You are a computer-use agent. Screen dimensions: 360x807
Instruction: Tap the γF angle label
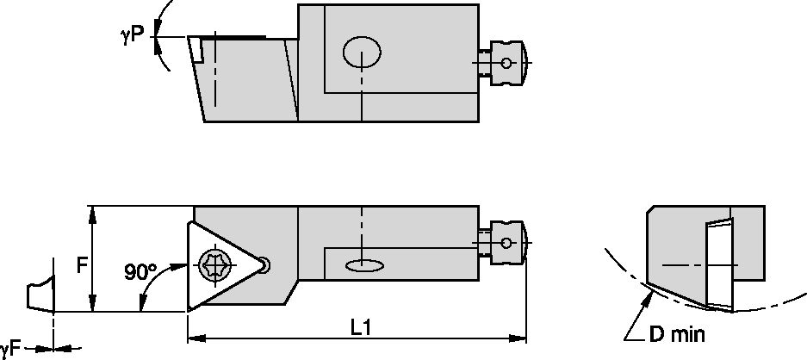9,349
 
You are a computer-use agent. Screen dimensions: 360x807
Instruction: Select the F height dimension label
81,265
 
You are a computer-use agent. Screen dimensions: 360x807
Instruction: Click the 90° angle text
140,272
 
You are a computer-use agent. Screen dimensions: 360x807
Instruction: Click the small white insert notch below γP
197,49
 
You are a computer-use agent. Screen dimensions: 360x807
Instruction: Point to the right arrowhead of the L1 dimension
520,339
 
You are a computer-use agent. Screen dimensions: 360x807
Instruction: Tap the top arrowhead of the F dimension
90,212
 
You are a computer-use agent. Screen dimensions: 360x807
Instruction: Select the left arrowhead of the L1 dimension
194,339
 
